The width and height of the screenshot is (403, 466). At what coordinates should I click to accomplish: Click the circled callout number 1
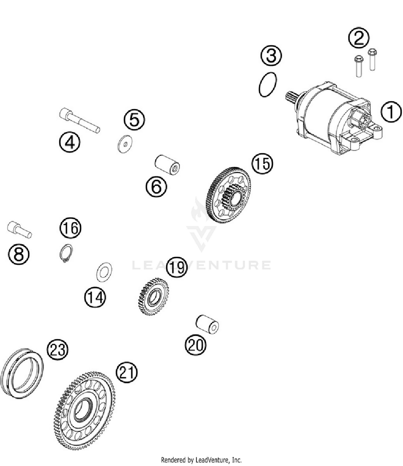tap(391, 112)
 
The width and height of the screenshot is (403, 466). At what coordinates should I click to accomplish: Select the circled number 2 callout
tap(359, 38)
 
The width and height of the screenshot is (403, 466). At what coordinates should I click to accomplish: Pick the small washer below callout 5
tap(125, 144)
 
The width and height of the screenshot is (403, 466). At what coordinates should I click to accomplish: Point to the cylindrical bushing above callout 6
tap(167, 165)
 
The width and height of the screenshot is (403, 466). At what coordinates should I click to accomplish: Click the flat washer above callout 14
tap(104, 272)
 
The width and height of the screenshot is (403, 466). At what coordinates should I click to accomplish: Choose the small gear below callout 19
tap(153, 297)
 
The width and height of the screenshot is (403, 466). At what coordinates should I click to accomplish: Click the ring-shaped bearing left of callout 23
tap(22, 374)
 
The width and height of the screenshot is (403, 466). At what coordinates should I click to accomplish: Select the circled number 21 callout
tap(127, 372)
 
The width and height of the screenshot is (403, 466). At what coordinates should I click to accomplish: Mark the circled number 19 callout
tap(177, 267)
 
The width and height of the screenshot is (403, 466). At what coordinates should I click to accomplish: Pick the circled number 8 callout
tap(19, 254)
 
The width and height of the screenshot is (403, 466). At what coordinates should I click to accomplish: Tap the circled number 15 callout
tap(262, 164)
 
